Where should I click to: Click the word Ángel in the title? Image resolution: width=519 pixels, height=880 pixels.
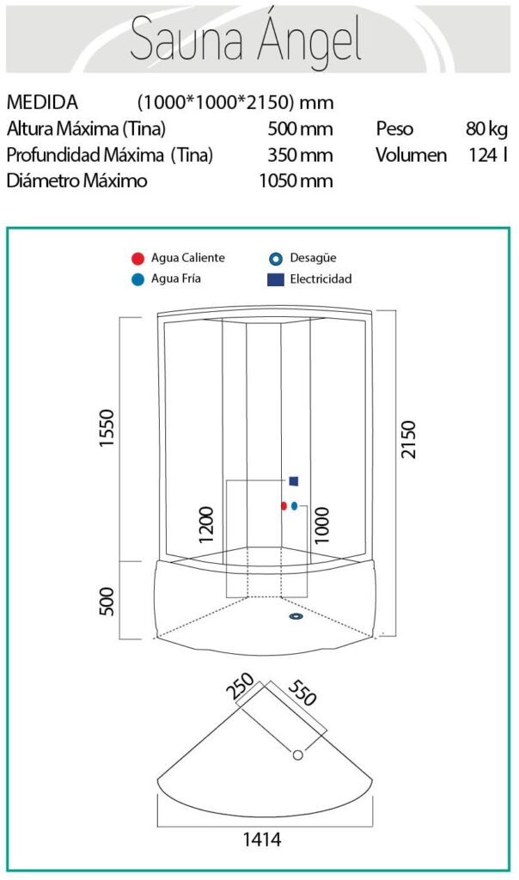coord(305,40)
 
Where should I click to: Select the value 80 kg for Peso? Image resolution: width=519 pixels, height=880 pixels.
coord(486,129)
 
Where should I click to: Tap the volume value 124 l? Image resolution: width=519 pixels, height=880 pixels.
coord(488,156)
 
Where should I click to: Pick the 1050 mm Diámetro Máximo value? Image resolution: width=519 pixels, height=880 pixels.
coord(296,181)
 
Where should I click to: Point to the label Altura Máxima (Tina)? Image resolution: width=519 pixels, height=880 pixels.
coord(86,129)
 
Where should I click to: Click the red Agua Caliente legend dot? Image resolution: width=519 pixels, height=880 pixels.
coord(137,258)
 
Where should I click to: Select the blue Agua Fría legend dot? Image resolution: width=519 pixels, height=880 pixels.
coord(137,278)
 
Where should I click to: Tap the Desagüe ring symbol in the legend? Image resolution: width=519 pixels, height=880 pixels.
coord(275,258)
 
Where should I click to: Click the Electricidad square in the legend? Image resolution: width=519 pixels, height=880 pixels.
coord(275,278)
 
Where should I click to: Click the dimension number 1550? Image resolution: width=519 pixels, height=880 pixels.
coord(107,438)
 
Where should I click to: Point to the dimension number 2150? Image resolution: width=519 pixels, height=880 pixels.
coord(408,438)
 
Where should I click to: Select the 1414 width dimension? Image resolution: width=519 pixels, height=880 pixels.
coord(262,839)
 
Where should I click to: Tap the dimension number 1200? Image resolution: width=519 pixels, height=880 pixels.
coord(206,524)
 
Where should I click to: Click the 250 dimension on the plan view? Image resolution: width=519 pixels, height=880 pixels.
coord(240,687)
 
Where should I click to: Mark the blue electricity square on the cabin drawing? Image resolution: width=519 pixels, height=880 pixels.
coord(294,481)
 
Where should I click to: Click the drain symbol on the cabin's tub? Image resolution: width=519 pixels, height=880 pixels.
coord(296,615)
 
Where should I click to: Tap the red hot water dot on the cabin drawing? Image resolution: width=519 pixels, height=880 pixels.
coord(284,506)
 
